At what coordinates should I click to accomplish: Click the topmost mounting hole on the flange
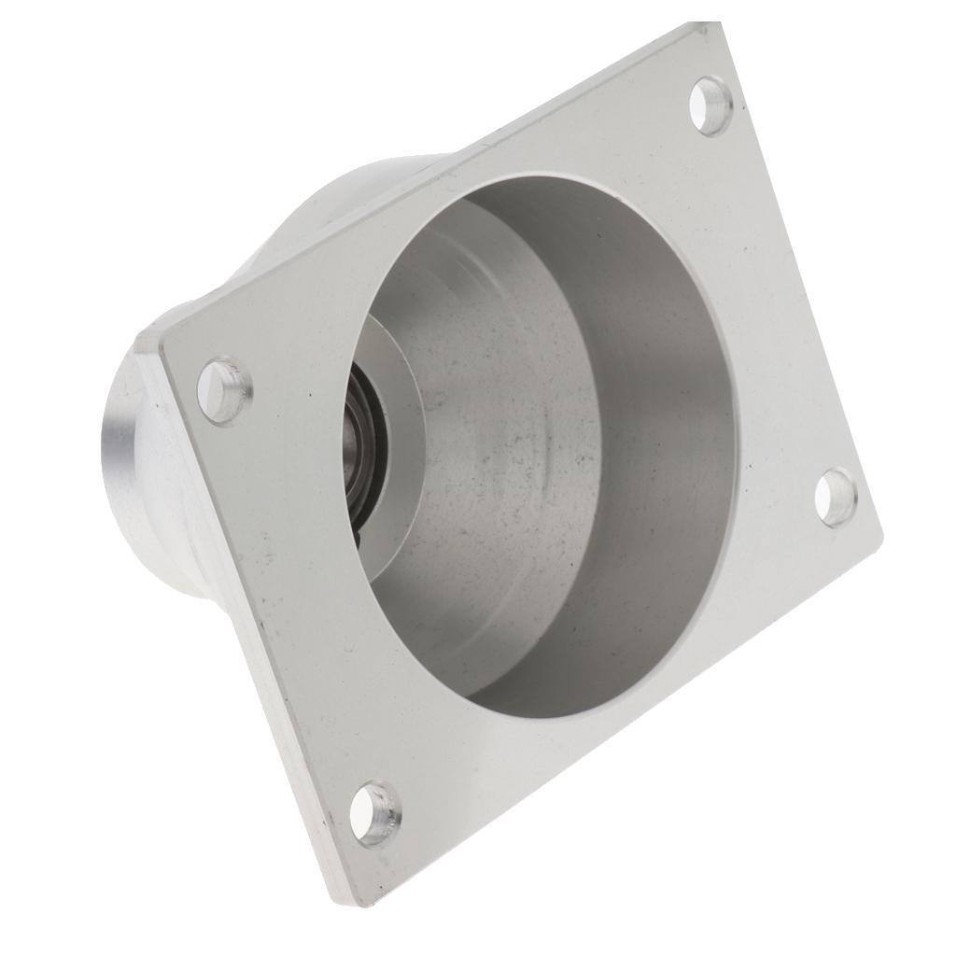point(710,105)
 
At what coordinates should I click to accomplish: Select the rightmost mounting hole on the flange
point(835,496)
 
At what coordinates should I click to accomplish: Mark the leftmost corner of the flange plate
point(161,347)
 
